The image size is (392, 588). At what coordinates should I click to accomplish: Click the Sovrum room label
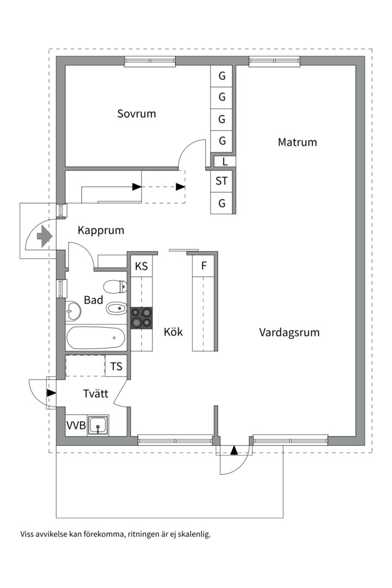tap(137, 114)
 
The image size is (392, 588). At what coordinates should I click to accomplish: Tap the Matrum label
tap(297, 142)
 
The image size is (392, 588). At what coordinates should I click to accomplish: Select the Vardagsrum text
tap(289, 332)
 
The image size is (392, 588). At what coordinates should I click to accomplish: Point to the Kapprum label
tap(101, 230)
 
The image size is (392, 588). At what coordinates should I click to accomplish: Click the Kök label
tap(173, 332)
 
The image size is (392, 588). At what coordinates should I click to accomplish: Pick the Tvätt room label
tap(96, 394)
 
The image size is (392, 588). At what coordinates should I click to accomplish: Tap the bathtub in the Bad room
tap(96, 338)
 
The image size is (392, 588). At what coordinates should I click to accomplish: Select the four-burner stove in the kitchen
tap(142, 318)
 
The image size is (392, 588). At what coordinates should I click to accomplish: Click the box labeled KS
tap(142, 266)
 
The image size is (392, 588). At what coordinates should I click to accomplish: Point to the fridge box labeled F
tap(204, 266)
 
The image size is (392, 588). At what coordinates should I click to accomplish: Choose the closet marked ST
tap(222, 181)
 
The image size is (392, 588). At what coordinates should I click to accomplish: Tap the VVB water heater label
tap(76, 425)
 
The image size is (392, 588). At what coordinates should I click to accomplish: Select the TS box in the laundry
tap(117, 366)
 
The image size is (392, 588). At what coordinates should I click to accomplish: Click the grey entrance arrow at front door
tap(43, 236)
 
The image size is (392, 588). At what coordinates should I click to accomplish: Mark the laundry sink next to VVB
tap(98, 425)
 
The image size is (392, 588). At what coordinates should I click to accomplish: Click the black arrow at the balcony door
tap(234, 450)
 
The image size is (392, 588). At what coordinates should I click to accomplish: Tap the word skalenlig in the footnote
tap(192, 534)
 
